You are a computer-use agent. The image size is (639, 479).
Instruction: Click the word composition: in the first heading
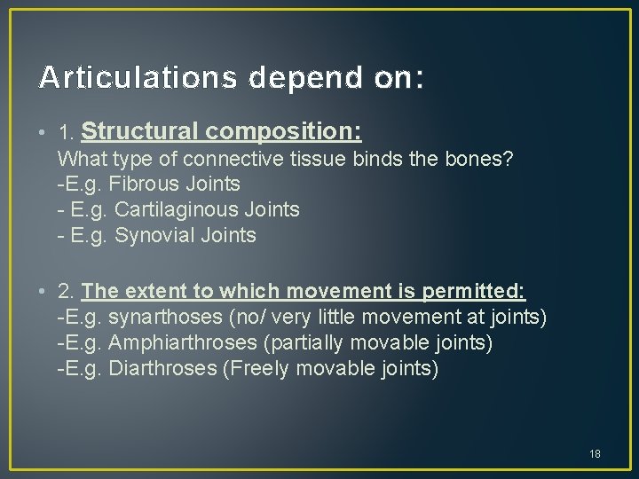click(284, 132)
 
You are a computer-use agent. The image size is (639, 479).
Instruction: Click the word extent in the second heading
click(154, 292)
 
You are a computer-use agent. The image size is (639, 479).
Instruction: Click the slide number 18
click(595, 454)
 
